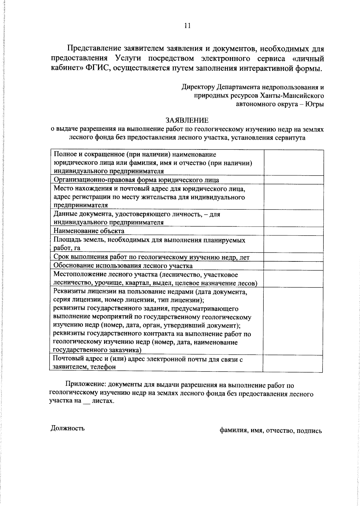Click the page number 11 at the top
click(187, 26)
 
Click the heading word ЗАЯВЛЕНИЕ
click(187, 120)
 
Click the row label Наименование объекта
click(89, 231)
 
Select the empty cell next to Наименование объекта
click(293, 231)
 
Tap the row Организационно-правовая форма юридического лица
click(136, 180)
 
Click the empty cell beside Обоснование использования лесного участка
click(293, 266)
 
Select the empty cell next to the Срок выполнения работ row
click(293, 257)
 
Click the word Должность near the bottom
click(67, 428)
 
